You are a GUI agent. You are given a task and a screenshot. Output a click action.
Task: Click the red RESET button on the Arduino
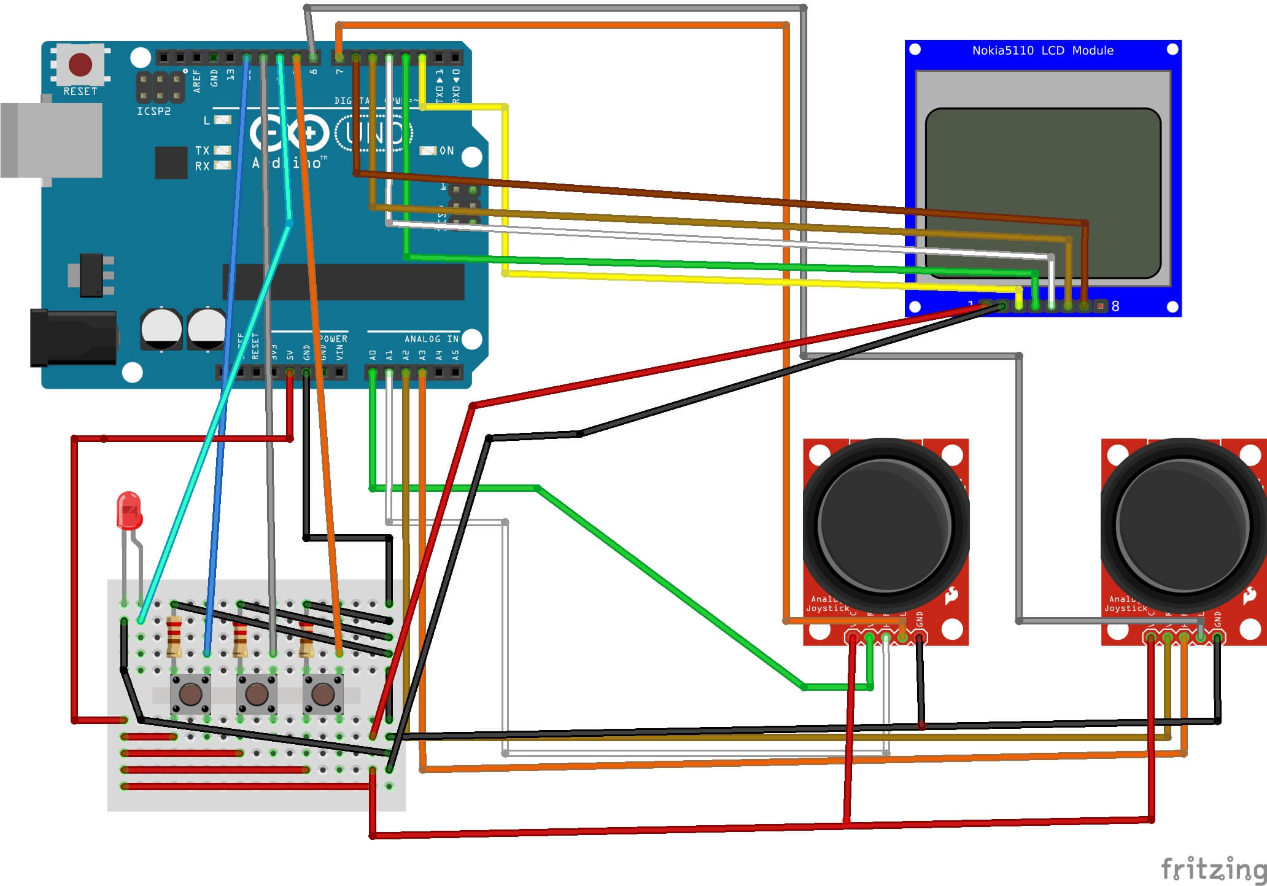point(80,64)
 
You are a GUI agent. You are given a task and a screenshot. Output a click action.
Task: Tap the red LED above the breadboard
point(129,510)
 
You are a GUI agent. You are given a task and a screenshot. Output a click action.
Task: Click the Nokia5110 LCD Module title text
point(1042,50)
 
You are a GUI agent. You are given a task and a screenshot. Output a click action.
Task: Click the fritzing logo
point(1212,868)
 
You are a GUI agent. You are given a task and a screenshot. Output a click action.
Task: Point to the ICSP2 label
point(153,111)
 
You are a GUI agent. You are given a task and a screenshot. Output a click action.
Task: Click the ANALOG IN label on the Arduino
point(431,339)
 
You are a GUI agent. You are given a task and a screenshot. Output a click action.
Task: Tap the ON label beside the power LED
point(446,150)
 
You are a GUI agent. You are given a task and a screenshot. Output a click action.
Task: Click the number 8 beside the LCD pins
point(1115,306)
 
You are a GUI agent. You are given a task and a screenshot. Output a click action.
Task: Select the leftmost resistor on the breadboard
point(174,636)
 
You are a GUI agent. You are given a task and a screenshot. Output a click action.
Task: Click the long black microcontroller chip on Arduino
point(344,282)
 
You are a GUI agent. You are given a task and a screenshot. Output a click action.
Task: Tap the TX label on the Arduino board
point(202,150)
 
